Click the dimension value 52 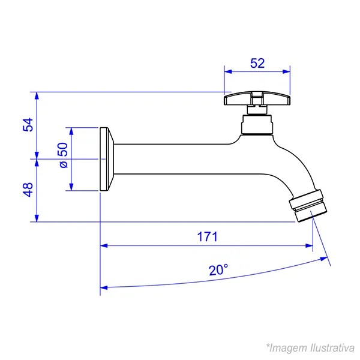pyautogui.click(x=257, y=63)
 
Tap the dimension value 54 pyautogui.click(x=28, y=125)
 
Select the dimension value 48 pyautogui.click(x=28, y=190)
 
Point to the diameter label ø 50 pyautogui.click(x=63, y=155)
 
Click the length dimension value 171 pyautogui.click(x=207, y=237)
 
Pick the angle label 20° pyautogui.click(x=218, y=270)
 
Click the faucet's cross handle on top pyautogui.click(x=257, y=99)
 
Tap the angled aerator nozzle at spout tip pyautogui.click(x=308, y=206)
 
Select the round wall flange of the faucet pyautogui.click(x=107, y=159)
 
